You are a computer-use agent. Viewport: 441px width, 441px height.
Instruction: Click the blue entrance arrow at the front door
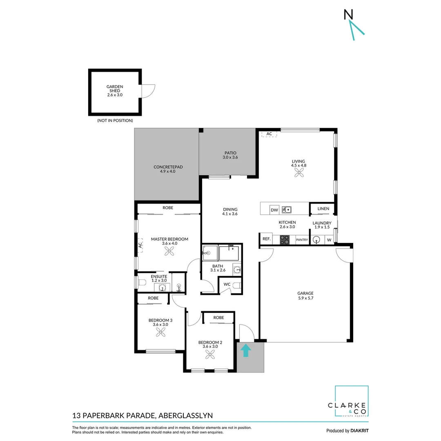coord(246,350)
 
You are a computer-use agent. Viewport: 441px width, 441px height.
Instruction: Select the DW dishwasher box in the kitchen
coord(274,210)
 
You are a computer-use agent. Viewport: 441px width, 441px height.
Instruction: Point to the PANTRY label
coord(302,240)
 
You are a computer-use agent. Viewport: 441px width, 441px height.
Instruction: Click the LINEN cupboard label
coord(323,209)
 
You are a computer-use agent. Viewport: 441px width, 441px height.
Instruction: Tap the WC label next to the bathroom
coord(227,284)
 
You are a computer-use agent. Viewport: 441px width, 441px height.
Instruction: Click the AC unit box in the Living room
coord(269,134)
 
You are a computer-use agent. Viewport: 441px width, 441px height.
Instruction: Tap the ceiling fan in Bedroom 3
coord(160,333)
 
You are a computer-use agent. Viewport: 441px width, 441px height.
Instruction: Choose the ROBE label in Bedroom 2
coord(218,317)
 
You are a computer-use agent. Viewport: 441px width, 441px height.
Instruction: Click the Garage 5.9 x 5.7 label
coord(305,296)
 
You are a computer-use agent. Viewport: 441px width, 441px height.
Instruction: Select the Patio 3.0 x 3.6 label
coord(230,155)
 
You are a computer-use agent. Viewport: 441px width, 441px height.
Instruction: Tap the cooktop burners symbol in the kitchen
coord(285,240)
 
